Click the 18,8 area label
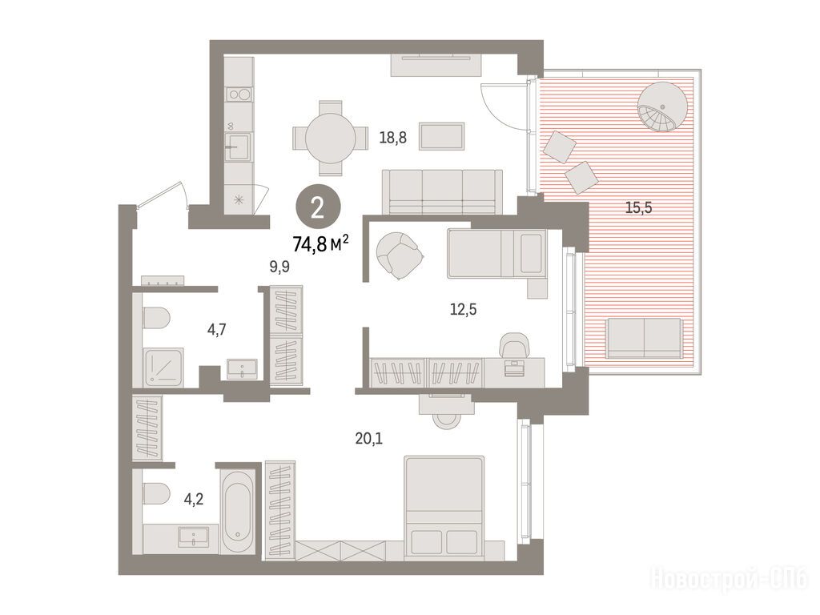(x=392, y=139)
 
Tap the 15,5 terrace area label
(x=638, y=208)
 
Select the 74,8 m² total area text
(x=320, y=243)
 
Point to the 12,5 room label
(x=464, y=310)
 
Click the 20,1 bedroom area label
(x=369, y=438)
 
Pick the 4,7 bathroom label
(x=216, y=330)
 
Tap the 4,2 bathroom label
(x=194, y=500)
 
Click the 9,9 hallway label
(x=279, y=267)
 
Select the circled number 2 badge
(x=318, y=209)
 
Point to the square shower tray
(x=163, y=367)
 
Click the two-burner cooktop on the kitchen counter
(x=239, y=94)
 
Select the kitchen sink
(x=238, y=145)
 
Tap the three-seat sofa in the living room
(x=442, y=191)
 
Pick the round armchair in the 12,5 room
(x=400, y=256)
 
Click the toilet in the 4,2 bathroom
(x=156, y=494)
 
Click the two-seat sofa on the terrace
(x=645, y=338)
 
